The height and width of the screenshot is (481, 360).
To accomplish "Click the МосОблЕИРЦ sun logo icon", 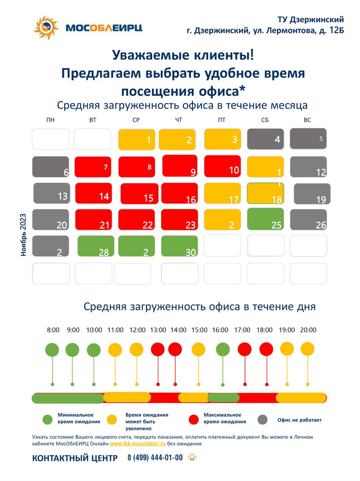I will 46,28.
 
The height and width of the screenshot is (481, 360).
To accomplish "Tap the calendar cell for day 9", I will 179,165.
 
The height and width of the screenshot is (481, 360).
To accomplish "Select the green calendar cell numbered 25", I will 265,219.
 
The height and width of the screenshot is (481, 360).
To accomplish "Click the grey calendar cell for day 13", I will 51,193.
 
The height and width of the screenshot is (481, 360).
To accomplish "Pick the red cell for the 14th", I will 93,193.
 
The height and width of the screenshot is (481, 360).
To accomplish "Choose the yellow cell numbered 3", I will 222,140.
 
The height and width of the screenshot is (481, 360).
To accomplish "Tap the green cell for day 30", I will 179,246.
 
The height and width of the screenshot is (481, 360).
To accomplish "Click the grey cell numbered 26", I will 308,219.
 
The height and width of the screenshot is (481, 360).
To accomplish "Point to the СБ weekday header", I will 265,120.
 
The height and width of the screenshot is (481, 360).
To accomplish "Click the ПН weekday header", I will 50,120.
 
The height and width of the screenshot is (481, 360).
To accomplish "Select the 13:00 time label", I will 158,330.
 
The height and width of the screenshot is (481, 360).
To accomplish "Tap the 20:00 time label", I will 308,330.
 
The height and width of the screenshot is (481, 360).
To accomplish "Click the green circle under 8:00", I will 52,350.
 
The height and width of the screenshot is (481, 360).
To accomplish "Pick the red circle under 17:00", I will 245,349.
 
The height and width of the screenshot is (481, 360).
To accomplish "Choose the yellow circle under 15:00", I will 199,349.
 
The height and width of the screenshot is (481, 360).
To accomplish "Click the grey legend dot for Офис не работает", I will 263,419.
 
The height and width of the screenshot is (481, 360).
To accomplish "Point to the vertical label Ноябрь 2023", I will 23,235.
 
